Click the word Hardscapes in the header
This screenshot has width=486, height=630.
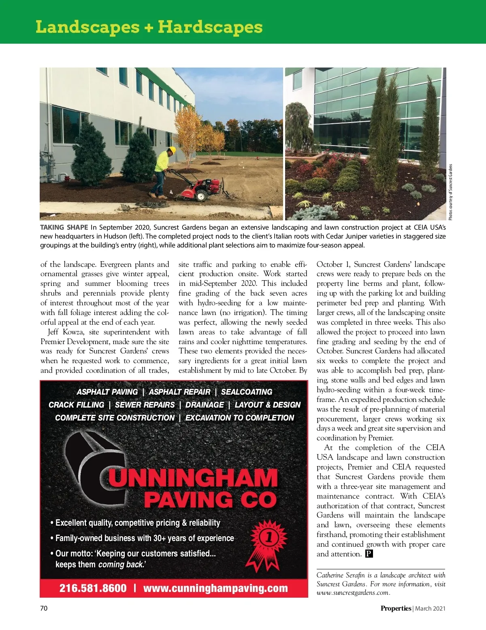coord(210,27)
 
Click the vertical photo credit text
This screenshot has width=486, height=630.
coord(450,192)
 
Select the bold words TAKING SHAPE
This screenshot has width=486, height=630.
coord(64,227)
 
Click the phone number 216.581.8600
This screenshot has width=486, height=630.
coord(93,588)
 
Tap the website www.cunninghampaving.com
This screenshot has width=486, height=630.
coord(215,588)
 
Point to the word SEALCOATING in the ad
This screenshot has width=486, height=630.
coord(247,392)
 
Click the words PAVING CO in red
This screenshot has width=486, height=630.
coord(210,500)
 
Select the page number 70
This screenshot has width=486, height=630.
coord(44,608)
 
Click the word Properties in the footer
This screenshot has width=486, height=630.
coord(395,608)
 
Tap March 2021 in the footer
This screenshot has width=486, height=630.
coord(430,608)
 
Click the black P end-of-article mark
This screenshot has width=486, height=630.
coord(369,554)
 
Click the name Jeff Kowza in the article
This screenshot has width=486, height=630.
coord(65,332)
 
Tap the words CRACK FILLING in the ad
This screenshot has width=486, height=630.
coord(76,405)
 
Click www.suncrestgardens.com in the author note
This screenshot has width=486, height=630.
coord(353,593)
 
